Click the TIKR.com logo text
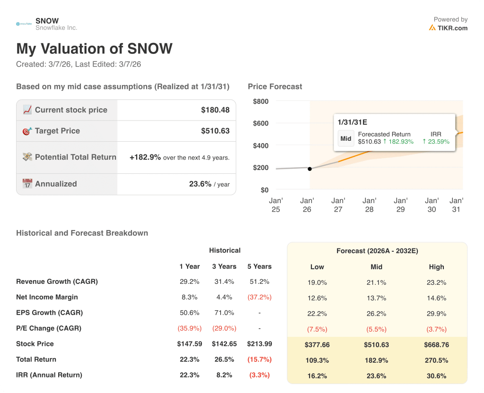tap(452, 28)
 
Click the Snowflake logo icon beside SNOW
tap(24, 24)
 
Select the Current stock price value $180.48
tap(215, 110)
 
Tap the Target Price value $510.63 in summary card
tap(215, 131)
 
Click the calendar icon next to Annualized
tap(27, 184)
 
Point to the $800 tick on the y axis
tap(260, 101)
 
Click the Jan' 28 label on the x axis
tap(369, 205)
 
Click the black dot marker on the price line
tap(310, 169)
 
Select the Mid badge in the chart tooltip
tap(346, 139)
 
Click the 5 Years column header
tap(259, 266)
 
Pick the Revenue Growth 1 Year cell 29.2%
tap(189, 282)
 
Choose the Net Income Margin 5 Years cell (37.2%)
tap(259, 297)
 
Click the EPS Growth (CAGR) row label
tap(49, 313)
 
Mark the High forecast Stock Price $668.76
tap(436, 345)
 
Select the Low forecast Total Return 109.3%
tap(317, 360)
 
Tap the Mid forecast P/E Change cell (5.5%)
tap(376, 329)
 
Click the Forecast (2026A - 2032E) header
tap(377, 251)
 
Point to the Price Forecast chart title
tap(275, 86)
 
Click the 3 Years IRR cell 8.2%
tap(225, 375)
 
